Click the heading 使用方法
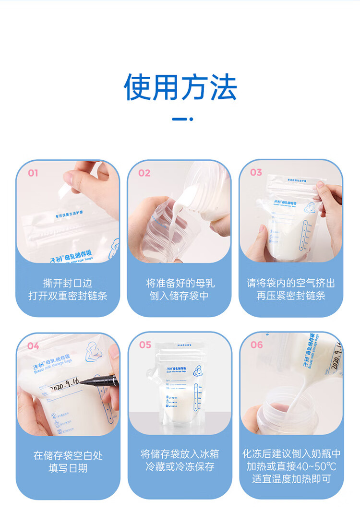180,87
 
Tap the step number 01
33,173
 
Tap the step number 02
144,173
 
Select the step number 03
256,172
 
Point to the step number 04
33,346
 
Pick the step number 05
145,345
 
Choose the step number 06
257,345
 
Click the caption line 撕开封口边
68,283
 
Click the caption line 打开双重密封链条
68,296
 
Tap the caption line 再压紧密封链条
291,296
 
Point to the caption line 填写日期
68,468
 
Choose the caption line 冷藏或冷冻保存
180,466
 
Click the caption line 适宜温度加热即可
291,479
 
